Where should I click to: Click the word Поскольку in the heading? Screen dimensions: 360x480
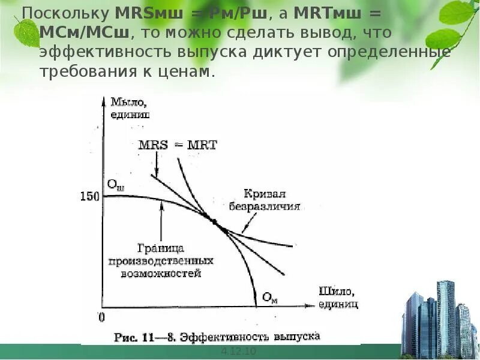point(64,13)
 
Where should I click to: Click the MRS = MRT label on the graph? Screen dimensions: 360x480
point(178,145)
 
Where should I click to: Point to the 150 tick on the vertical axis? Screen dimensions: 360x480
point(88,196)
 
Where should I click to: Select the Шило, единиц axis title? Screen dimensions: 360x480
point(337,298)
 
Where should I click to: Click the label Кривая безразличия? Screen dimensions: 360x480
point(265,199)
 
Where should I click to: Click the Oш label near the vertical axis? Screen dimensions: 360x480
point(116,185)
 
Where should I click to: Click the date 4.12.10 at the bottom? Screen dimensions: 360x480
point(239,350)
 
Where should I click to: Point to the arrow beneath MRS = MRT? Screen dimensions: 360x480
point(156,163)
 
